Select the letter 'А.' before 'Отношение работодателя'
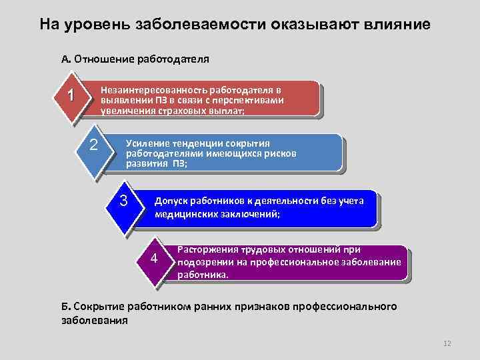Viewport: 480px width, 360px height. pyautogui.click(x=66, y=59)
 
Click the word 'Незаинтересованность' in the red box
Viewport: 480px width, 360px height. pyautogui.click(x=153, y=90)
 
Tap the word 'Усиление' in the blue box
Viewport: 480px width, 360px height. pyautogui.click(x=147, y=143)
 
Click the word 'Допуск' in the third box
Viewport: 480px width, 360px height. pyautogui.click(x=171, y=201)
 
